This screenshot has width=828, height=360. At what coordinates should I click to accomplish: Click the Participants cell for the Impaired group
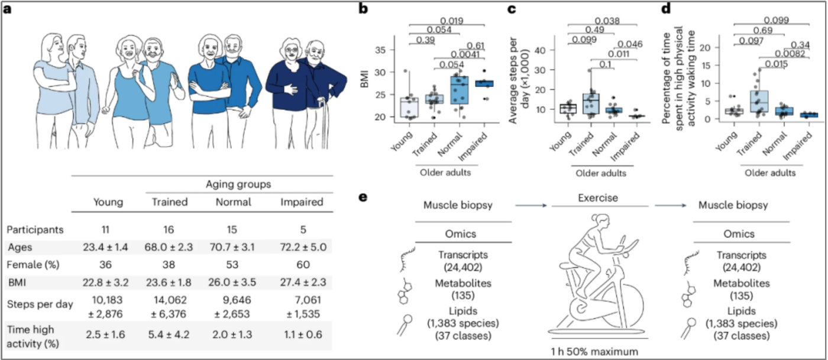[x=303, y=229]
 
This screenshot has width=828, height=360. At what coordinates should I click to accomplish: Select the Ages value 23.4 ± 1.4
[x=105, y=247]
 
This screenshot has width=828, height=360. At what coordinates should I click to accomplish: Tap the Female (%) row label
[x=33, y=265]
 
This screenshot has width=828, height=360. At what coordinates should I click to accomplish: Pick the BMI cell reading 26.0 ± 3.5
[x=232, y=283]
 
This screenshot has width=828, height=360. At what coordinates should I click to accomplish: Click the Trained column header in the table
[x=170, y=202]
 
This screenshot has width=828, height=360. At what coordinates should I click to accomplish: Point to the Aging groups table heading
[x=238, y=184]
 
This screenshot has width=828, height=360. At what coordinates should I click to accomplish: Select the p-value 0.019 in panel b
[x=452, y=21]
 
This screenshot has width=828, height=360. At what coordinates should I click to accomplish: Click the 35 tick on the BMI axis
[x=380, y=50]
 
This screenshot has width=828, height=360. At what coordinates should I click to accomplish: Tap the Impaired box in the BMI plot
[x=484, y=83]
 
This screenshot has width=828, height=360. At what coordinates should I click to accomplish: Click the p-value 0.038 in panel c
[x=607, y=21]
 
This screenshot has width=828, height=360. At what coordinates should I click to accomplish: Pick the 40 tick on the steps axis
[x=540, y=50]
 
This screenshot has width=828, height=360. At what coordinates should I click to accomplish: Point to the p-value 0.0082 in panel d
[x=790, y=54]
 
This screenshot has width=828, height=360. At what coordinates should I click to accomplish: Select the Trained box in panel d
[x=759, y=101]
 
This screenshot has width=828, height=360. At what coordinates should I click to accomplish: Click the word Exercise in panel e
[x=598, y=198]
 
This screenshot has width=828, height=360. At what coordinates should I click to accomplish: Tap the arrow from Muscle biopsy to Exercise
[x=531, y=206]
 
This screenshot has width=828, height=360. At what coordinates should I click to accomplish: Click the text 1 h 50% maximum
[x=594, y=351]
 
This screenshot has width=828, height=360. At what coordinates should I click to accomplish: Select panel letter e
[x=363, y=197]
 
